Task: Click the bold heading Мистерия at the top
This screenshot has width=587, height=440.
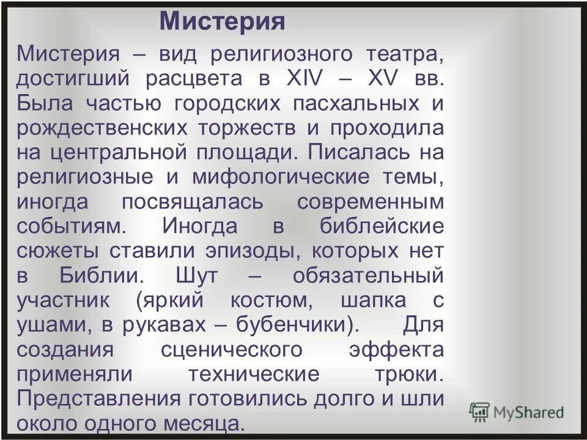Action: (222, 22)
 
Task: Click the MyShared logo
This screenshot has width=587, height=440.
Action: (517, 411)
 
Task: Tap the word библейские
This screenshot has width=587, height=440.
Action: (381, 227)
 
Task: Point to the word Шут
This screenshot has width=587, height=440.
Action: (196, 276)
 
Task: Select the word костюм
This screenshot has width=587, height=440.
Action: (265, 300)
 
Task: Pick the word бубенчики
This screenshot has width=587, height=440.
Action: (294, 324)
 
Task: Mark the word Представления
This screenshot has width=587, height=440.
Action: (98, 398)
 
